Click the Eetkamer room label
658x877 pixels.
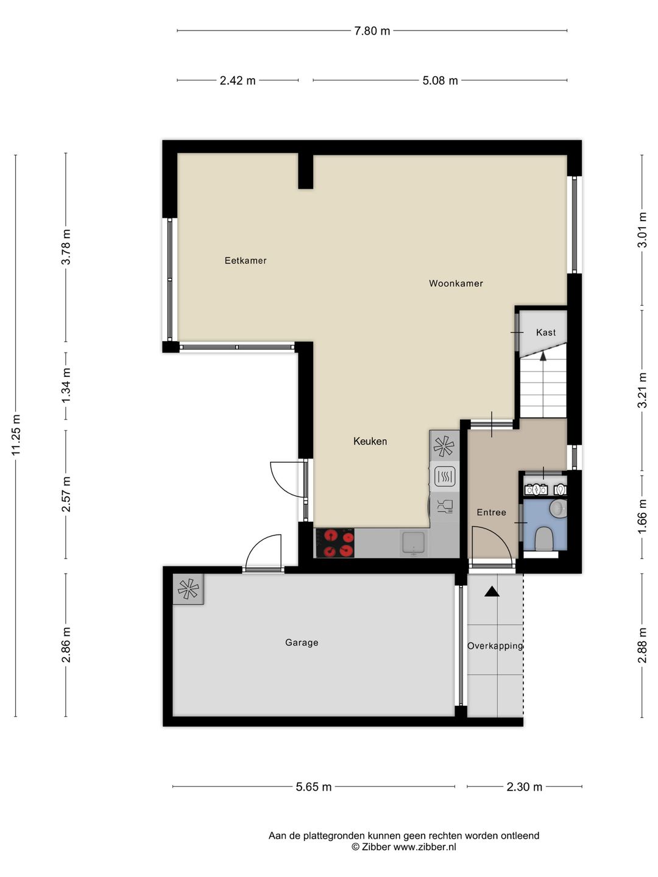pyautogui.click(x=246, y=261)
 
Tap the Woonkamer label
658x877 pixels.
pyautogui.click(x=456, y=283)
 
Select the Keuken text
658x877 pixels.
pyautogui.click(x=370, y=441)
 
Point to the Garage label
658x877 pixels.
pyautogui.click(x=302, y=643)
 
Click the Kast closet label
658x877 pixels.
pyautogui.click(x=546, y=332)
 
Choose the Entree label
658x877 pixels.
pyautogui.click(x=492, y=512)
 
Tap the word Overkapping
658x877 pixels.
pyautogui.click(x=495, y=646)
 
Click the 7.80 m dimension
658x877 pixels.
pyautogui.click(x=372, y=31)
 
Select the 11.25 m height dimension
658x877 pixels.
pyautogui.click(x=16, y=435)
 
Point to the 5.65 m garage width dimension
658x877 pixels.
pyautogui.click(x=314, y=787)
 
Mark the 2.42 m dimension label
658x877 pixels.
pyautogui.click(x=238, y=81)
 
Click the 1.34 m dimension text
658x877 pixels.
pyautogui.click(x=66, y=386)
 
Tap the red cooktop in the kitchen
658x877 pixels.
pyautogui.click(x=335, y=543)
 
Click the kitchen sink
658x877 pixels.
pyautogui.click(x=414, y=543)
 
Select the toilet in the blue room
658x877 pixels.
pyautogui.click(x=543, y=538)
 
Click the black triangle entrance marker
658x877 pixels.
pyautogui.click(x=492, y=592)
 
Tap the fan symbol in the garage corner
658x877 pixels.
pyautogui.click(x=188, y=588)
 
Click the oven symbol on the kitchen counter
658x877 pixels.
pyautogui.click(x=444, y=476)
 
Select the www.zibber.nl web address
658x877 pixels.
pyautogui.click(x=425, y=846)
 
